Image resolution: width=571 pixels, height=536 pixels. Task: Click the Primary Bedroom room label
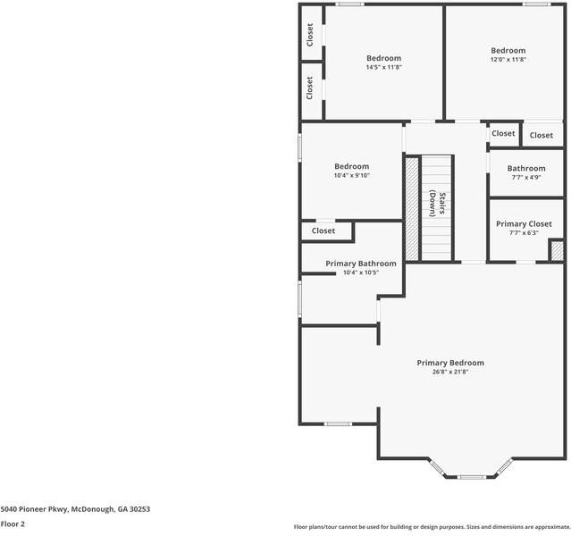coord(450,363)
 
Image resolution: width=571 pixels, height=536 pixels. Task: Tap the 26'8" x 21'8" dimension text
coord(450,372)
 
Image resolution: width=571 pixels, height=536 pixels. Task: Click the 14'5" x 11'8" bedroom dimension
coord(383,67)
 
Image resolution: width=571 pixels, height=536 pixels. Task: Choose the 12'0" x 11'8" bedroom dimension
coord(508,60)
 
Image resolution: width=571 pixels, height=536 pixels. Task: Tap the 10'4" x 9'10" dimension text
coord(351,175)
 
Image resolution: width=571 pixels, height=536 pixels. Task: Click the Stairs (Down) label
coord(435,204)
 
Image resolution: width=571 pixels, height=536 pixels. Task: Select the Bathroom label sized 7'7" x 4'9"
coord(526,168)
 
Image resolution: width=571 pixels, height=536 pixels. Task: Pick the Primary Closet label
coord(524,224)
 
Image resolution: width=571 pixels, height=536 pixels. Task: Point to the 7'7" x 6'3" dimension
coord(524,233)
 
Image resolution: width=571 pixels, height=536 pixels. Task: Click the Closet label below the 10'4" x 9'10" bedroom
coord(323,230)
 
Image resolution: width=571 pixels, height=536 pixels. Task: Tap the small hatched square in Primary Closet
coord(556,250)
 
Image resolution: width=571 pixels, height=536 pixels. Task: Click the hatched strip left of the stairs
coord(412,207)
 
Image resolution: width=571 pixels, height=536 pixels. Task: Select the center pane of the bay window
coord(472,477)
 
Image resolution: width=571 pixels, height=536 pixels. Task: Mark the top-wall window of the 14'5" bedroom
coord(349,4)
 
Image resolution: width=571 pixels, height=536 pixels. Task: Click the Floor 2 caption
coord(13,524)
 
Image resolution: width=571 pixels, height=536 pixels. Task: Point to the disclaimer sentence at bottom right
coord(432,527)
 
